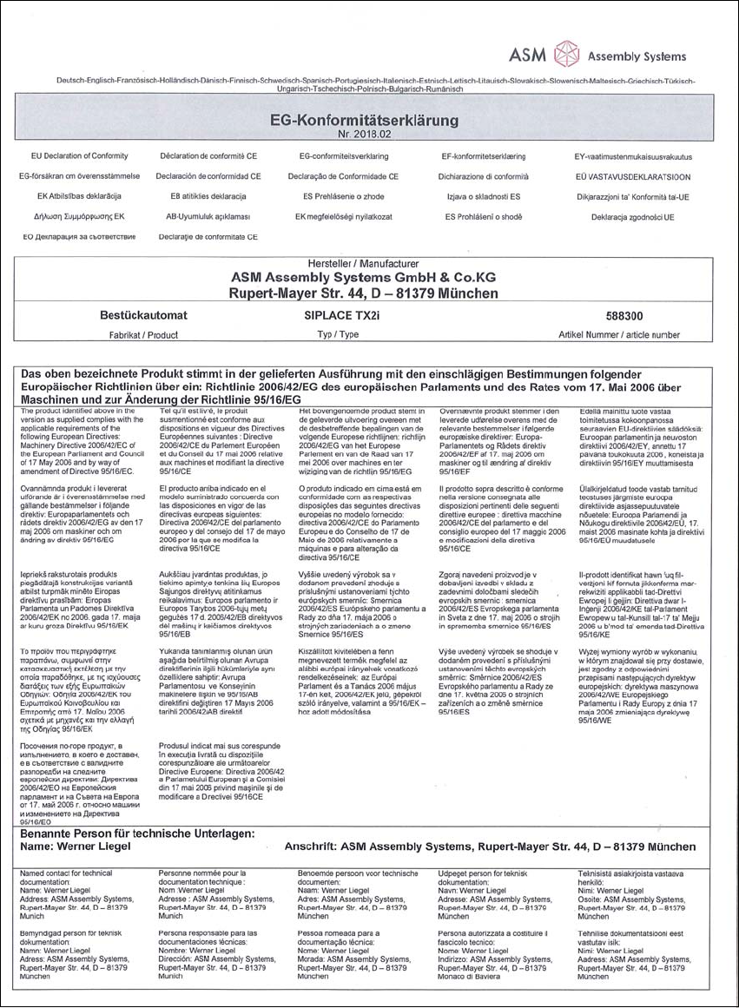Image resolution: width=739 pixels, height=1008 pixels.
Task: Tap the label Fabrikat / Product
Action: (142, 334)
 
